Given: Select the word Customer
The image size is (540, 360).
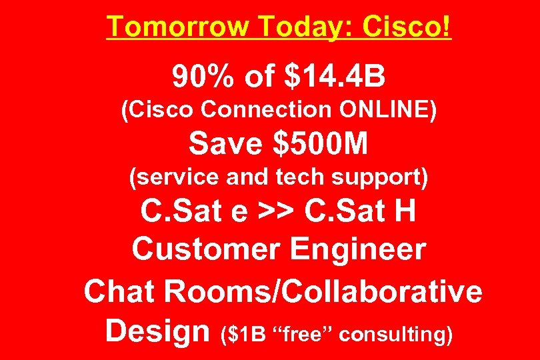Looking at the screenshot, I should tap(204, 250).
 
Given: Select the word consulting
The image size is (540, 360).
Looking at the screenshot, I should tap(395, 334).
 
